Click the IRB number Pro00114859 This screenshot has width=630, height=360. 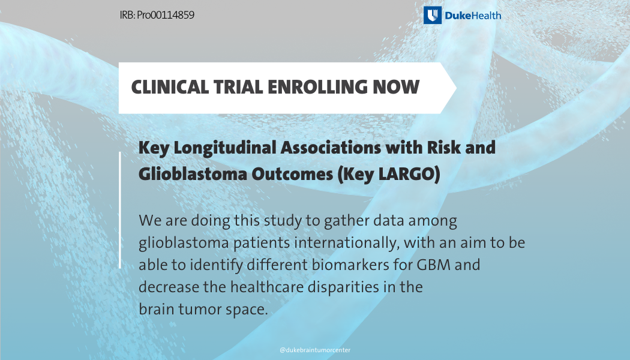tap(166, 15)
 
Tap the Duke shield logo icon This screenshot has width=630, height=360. tap(433, 15)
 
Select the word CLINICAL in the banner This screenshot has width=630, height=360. tap(170, 87)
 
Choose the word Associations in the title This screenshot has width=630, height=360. tap(331, 148)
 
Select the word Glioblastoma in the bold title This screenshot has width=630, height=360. tap(193, 173)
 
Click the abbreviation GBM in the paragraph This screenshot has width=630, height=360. tap(434, 265)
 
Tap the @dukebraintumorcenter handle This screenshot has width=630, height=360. tap(315, 350)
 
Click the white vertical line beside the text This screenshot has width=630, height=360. tap(120, 210)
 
